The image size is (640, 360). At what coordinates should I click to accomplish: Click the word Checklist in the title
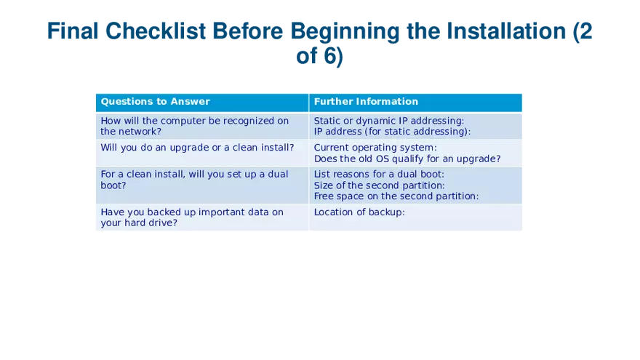point(155,31)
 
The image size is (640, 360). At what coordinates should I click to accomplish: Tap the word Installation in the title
point(506,31)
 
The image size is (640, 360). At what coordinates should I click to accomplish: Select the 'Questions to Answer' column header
point(155,102)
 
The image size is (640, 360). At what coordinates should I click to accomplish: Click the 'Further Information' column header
point(366,102)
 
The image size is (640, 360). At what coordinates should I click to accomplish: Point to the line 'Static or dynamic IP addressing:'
point(389,121)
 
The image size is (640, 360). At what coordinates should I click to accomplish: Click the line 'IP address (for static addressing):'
point(392,132)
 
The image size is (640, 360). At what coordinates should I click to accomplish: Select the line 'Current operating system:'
point(375,148)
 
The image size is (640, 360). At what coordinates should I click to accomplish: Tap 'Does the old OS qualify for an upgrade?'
point(407,159)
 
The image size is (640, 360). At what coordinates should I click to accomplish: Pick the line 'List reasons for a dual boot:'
point(379,175)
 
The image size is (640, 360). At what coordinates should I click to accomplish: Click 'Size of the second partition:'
point(379,185)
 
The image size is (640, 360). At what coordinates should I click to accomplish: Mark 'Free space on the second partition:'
point(396,196)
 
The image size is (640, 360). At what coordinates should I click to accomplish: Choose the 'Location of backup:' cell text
point(359,212)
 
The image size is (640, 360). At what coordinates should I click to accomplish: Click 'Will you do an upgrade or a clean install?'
point(197,148)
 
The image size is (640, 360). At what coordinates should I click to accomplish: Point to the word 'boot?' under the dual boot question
point(113,185)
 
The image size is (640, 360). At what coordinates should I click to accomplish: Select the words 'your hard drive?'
point(139,223)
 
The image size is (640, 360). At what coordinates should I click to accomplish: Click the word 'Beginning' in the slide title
point(345,31)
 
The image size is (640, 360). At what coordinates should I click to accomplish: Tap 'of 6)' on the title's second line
point(319,55)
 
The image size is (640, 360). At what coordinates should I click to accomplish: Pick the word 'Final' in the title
point(73,31)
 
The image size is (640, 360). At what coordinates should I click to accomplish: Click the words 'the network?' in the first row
point(131,132)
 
